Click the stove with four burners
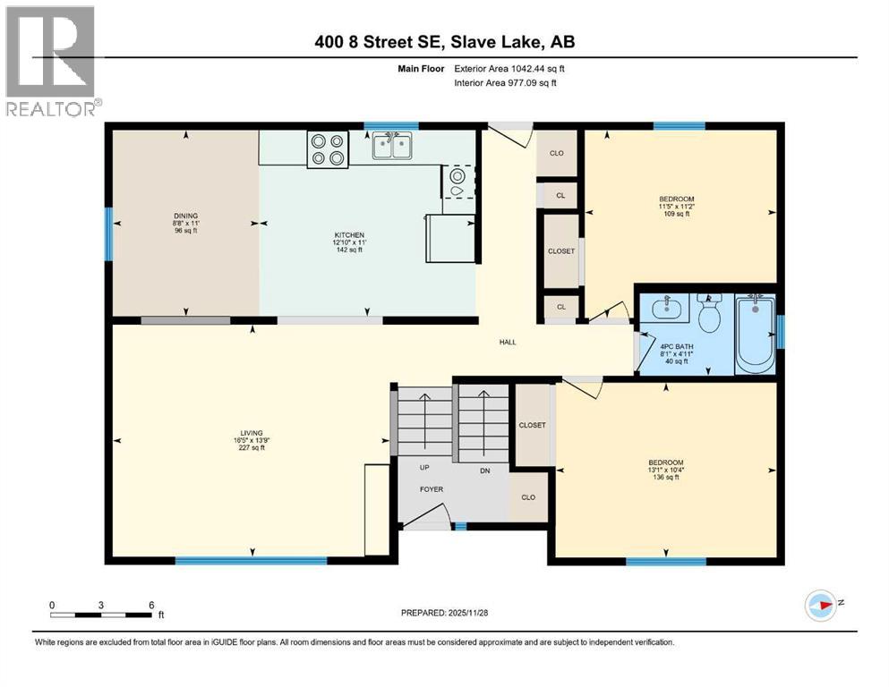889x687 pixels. pos(327,148)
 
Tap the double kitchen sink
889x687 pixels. pos(393,146)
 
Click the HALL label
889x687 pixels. pos(508,342)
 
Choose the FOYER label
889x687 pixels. pos(432,489)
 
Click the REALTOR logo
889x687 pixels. pos(51,61)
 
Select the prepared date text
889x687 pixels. pos(445,612)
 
